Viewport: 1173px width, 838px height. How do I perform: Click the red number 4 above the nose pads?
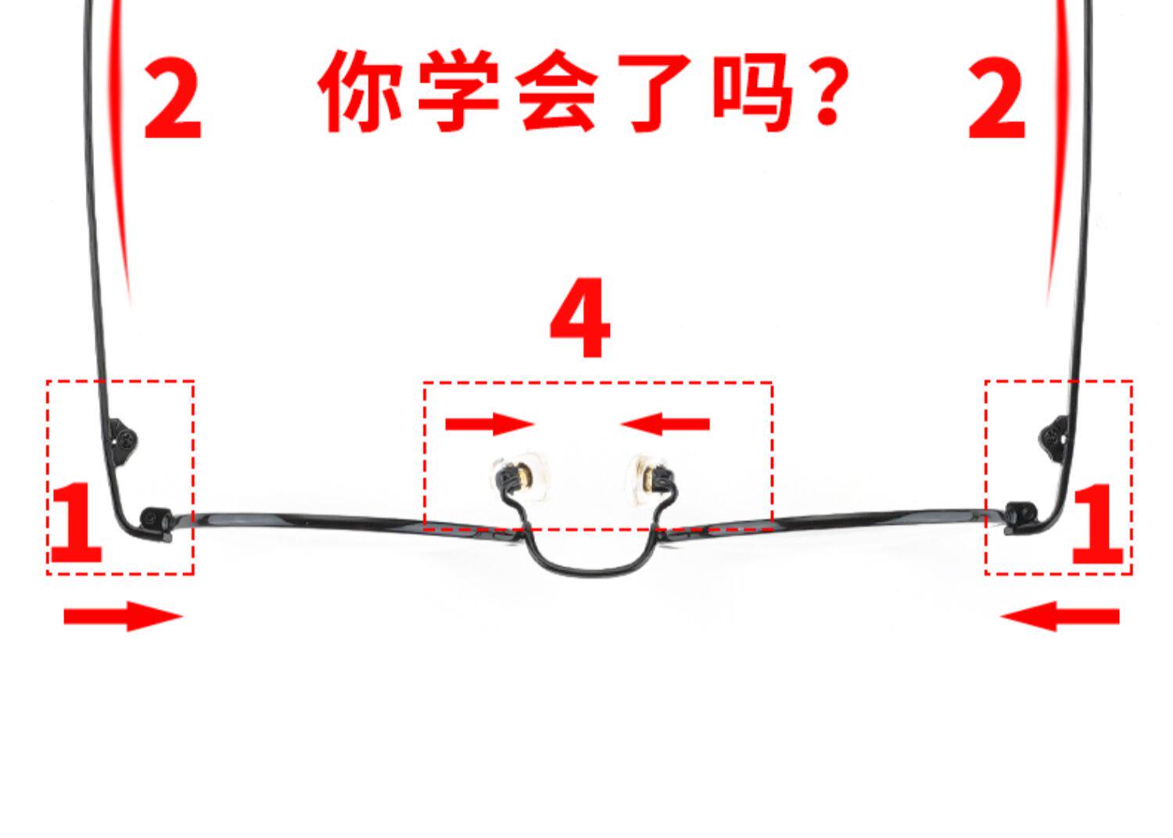click(580, 317)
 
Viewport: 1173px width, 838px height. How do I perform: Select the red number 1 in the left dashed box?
click(77, 522)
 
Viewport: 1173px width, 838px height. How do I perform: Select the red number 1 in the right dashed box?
click(1096, 524)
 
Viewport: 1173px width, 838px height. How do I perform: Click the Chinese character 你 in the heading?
click(360, 91)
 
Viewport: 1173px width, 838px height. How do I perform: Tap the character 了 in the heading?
click(655, 92)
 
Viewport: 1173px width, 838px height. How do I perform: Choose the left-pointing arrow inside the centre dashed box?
click(665, 424)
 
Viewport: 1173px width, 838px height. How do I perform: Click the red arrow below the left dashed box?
click(123, 616)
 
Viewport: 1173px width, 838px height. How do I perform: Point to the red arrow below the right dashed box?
click(1060, 616)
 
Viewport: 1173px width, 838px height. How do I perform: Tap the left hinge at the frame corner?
click(156, 524)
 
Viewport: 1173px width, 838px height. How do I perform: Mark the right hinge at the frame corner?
click(1021, 518)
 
